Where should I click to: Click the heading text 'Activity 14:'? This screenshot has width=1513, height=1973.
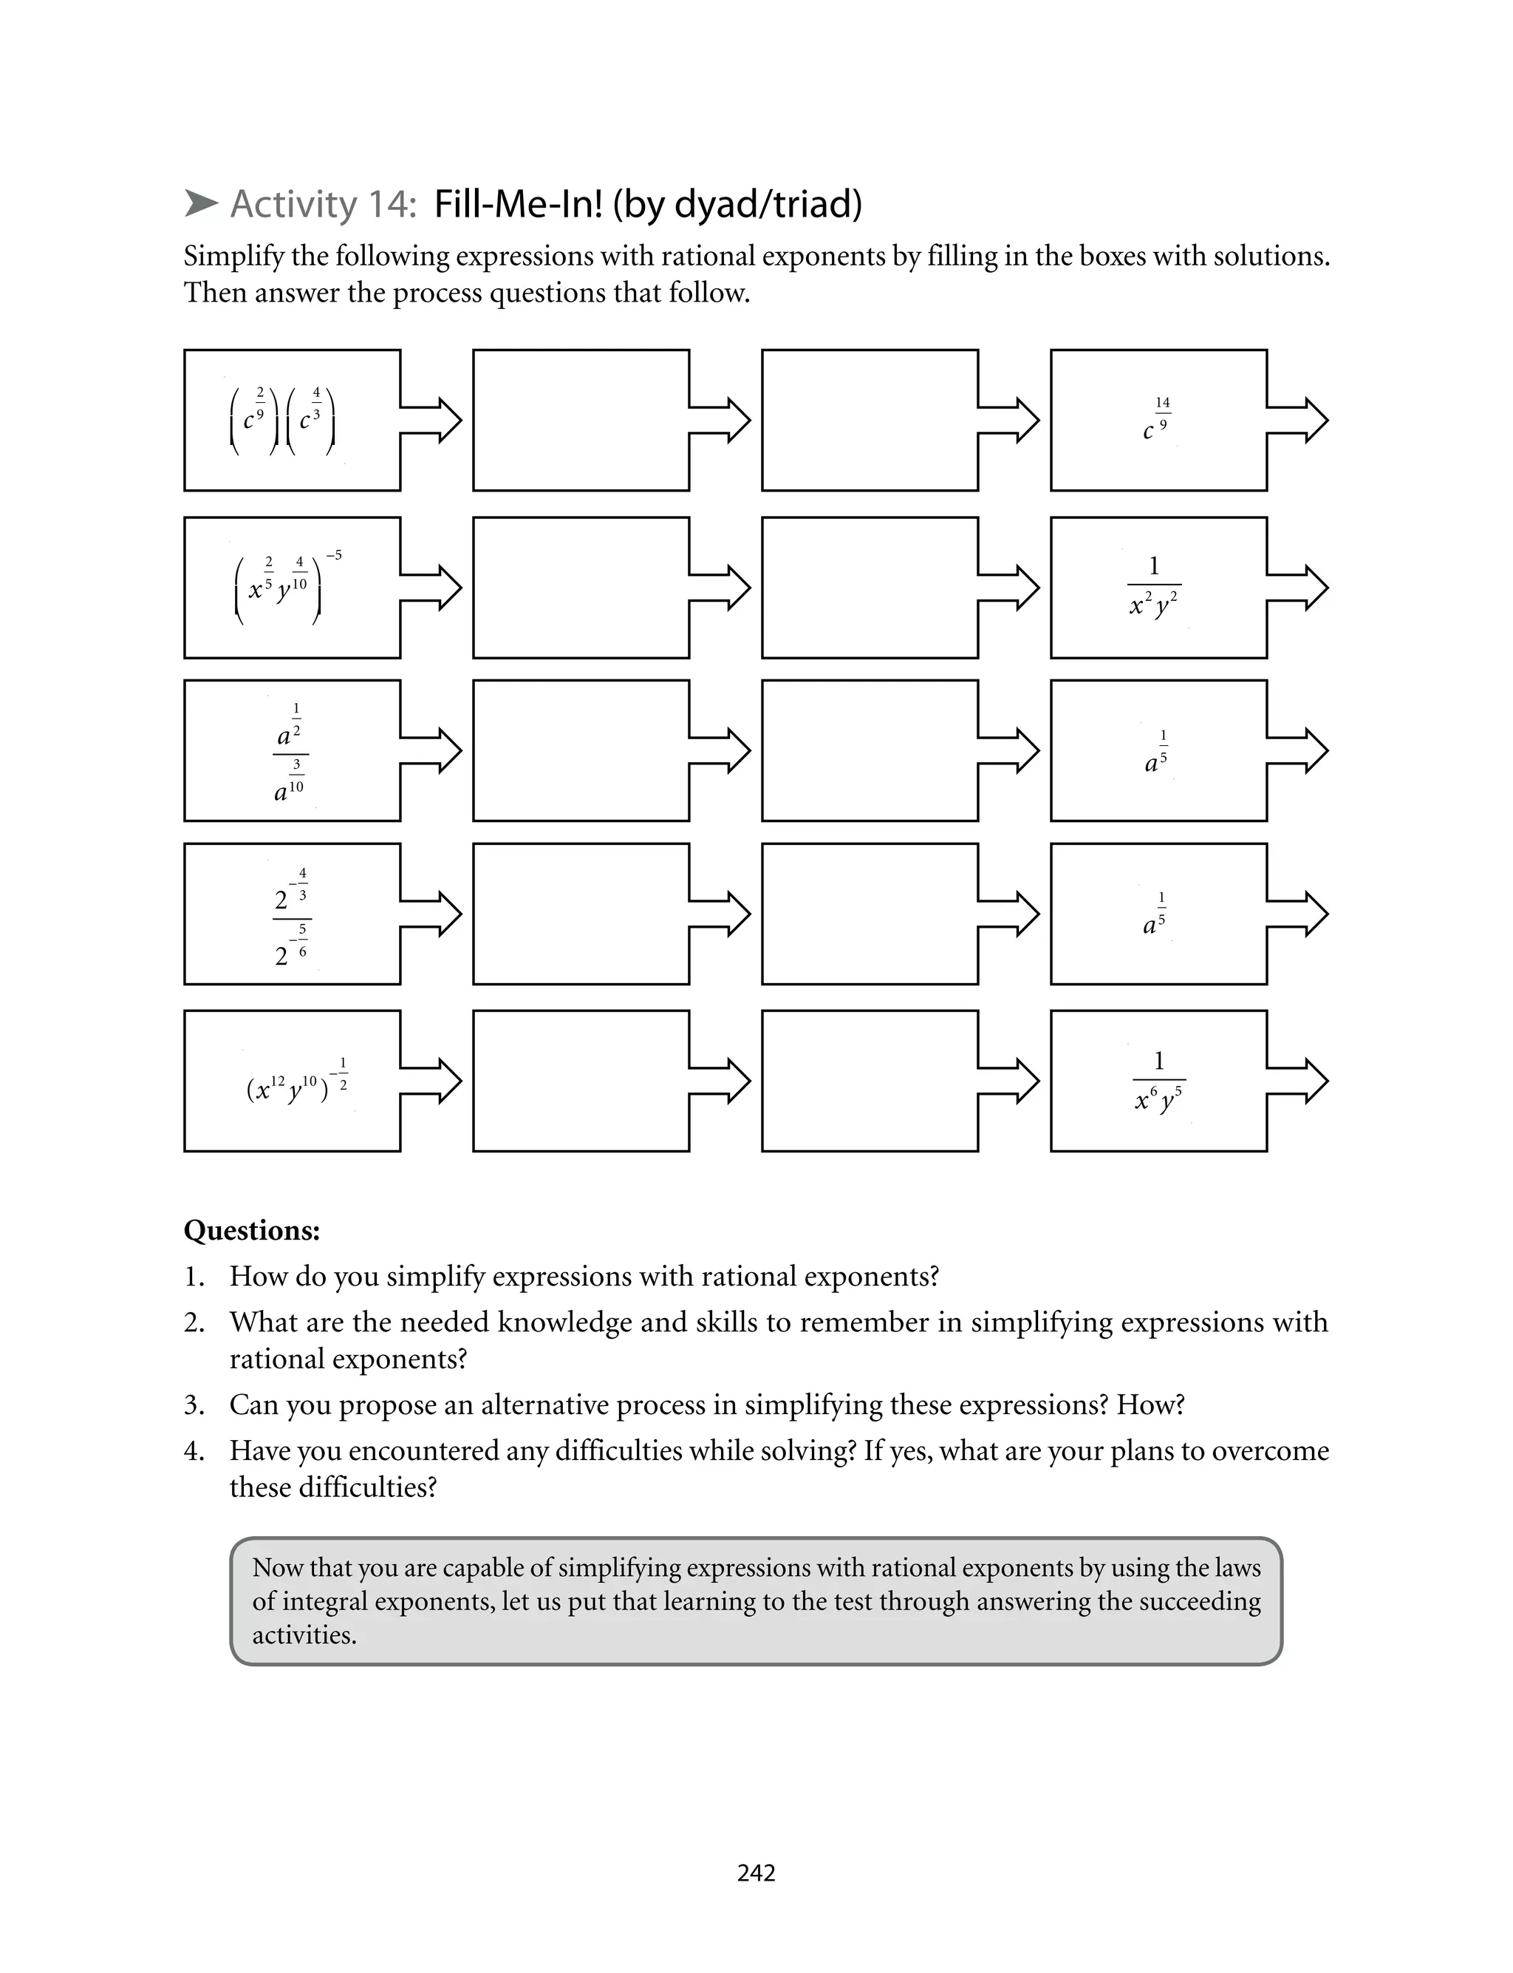[x=322, y=205]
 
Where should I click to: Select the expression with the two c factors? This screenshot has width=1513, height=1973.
[x=283, y=420]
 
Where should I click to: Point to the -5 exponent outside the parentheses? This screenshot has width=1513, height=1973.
[x=333, y=555]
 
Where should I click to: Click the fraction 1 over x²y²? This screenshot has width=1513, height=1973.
[x=1154, y=586]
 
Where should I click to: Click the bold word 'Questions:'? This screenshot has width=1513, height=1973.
[x=251, y=1231]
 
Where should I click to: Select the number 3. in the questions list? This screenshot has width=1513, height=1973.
[x=194, y=1405]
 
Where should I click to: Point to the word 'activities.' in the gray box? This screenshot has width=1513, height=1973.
[x=304, y=1635]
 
